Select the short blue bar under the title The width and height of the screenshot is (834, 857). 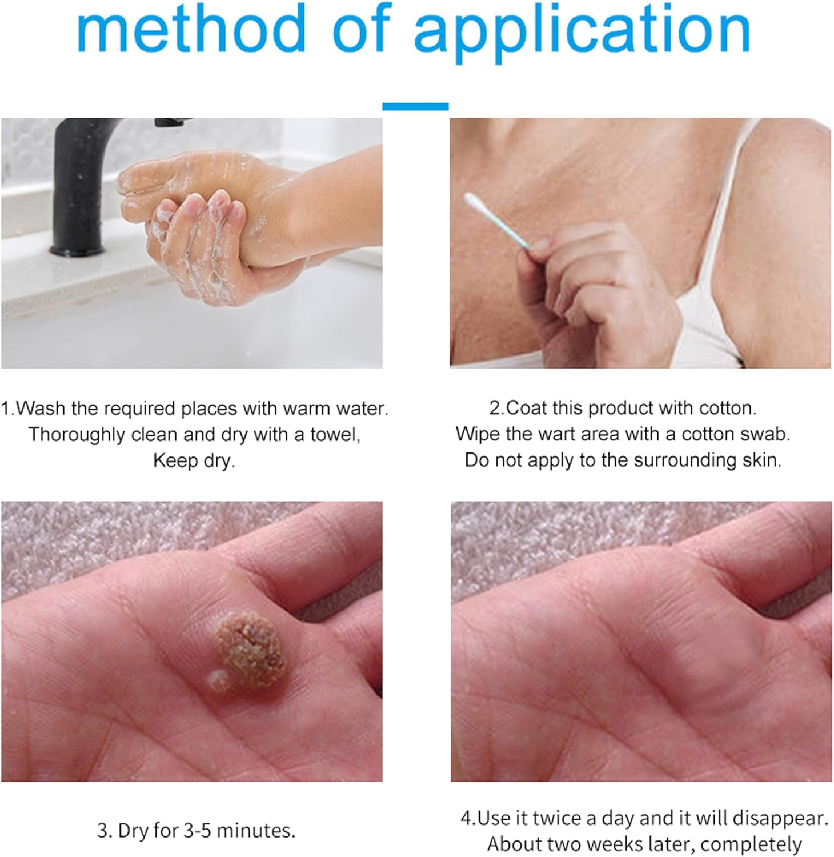[x=415, y=106]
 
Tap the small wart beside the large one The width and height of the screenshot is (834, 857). [x=218, y=681]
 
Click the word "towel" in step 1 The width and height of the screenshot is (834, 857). [x=335, y=435]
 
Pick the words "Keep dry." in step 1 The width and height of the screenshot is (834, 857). [x=194, y=460]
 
